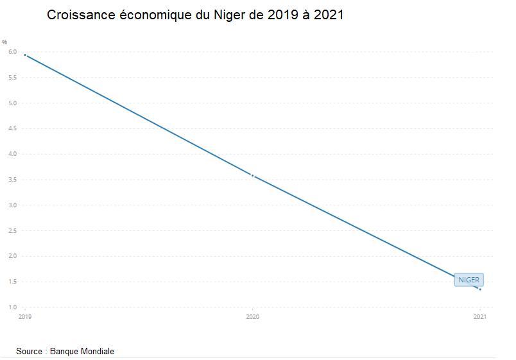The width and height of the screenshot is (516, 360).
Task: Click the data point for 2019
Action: click(25, 55)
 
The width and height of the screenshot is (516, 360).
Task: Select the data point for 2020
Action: click(253, 175)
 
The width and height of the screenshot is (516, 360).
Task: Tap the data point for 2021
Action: click(480, 289)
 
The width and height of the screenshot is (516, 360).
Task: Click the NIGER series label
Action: click(469, 280)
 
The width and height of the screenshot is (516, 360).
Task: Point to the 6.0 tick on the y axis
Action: click(12, 52)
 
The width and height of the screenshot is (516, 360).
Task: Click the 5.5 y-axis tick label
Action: click(12, 78)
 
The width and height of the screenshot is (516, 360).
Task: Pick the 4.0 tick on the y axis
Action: click(12, 154)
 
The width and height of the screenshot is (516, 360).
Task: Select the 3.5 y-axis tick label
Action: click(12, 180)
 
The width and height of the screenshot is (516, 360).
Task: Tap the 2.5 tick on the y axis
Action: click(12, 230)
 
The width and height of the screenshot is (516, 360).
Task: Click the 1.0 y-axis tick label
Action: click(12, 307)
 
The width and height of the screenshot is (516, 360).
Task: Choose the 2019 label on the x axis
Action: click(25, 317)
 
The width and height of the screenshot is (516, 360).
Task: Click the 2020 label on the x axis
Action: click(253, 317)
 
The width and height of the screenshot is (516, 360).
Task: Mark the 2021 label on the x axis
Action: click(480, 317)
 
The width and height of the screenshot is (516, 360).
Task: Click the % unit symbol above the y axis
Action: click(4, 42)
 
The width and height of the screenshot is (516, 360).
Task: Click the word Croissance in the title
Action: click(81, 14)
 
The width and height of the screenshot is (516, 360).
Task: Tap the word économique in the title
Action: click(155, 14)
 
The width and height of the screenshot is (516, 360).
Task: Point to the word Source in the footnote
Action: click(30, 351)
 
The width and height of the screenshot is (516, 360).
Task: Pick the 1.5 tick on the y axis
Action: click(12, 282)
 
